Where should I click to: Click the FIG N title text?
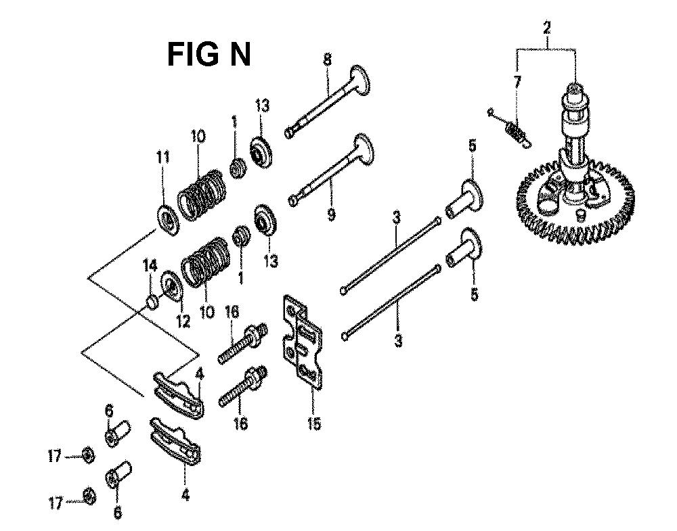(209, 55)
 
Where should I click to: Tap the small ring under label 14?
(154, 300)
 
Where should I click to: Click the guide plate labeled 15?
(305, 342)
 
